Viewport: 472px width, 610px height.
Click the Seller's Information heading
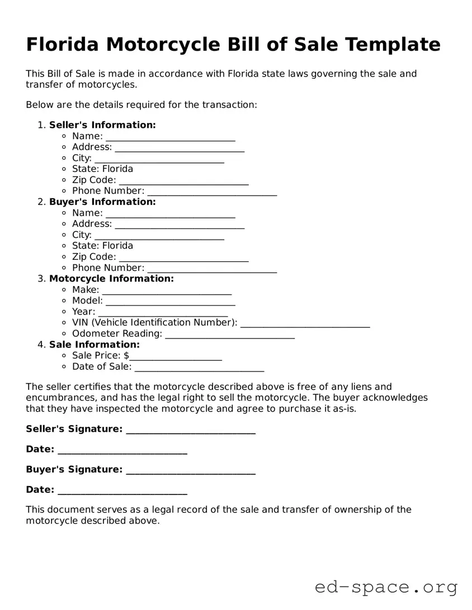(102, 125)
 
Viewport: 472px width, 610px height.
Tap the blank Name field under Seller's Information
(170, 137)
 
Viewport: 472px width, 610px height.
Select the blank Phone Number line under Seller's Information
(212, 192)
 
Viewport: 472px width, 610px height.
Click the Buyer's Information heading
(102, 202)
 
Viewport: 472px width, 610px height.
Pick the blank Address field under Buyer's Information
(180, 225)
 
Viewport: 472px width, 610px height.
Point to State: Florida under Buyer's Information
(102, 246)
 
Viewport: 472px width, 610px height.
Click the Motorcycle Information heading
(111, 278)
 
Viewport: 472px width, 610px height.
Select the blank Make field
(167, 290)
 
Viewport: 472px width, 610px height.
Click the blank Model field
(170, 302)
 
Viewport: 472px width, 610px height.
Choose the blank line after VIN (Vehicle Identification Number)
(305, 323)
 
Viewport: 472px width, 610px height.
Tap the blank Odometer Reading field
(230, 335)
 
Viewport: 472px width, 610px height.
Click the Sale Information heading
(94, 345)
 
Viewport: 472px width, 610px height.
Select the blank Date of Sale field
(199, 368)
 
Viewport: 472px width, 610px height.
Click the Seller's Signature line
(191, 430)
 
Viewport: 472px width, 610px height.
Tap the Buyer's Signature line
(191, 470)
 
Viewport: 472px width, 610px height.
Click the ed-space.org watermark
(386, 587)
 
